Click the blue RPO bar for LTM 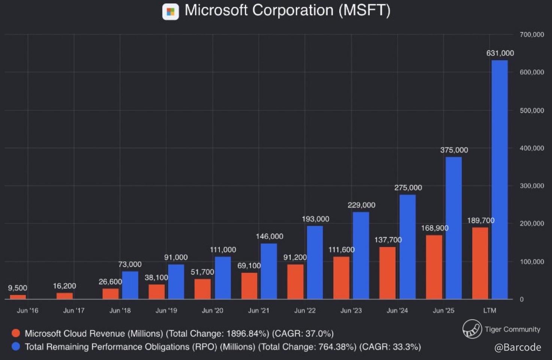pos(500,180)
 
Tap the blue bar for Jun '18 pos(130,285)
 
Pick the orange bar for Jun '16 pos(18,297)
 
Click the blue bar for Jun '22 pos(315,262)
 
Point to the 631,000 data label pos(500,53)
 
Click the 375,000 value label pos(454,150)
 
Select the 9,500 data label pos(18,288)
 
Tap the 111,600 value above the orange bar pos(341,250)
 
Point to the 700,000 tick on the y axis pos(532,34)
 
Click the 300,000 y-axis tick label pos(532,186)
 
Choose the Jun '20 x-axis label pos(212,310)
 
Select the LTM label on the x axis pos(489,310)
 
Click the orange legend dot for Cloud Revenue pos(16,333)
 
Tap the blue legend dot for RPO pos(16,347)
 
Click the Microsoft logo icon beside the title pos(170,12)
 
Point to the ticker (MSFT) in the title pos(364,10)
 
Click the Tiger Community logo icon pos(472,329)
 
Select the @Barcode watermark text pos(518,347)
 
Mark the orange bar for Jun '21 pos(249,286)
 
